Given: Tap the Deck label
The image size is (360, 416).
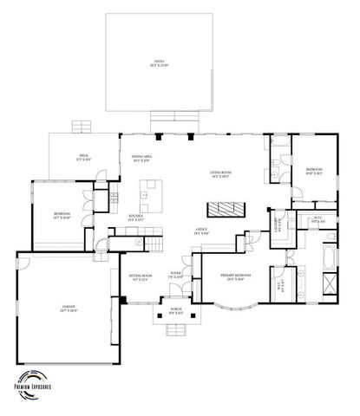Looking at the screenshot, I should click(84, 158).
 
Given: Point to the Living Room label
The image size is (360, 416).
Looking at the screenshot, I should click(219, 176).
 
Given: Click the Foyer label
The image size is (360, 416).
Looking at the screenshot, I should click(175, 277).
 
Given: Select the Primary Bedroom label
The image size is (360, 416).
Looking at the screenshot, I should click(233, 277).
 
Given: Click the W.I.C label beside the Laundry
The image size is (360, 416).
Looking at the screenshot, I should click(317, 220).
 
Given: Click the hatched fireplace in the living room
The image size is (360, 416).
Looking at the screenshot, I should click(225, 208).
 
